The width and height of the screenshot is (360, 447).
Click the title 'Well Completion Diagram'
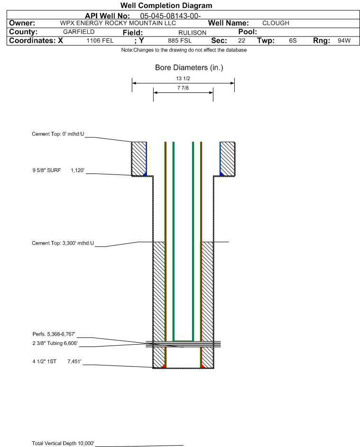(166, 5)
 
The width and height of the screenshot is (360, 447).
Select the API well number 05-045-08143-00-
(170, 16)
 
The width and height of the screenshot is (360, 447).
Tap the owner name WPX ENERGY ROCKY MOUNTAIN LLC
(118, 23)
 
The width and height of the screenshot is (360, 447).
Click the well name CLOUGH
(276, 23)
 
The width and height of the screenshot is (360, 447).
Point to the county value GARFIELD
(79, 32)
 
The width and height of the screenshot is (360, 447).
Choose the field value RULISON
(192, 33)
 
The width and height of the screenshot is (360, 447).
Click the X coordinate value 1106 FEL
(100, 40)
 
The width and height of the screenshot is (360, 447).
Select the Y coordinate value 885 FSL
(180, 40)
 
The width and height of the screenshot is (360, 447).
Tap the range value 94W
(344, 40)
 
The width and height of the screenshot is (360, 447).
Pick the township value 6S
(293, 40)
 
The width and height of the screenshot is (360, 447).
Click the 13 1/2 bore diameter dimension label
(183, 78)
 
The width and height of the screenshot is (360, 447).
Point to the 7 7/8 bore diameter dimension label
(183, 88)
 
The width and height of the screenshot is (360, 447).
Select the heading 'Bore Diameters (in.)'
(189, 68)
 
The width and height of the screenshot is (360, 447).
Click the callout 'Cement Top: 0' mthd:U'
(58, 134)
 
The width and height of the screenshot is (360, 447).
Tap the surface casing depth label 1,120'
(78, 171)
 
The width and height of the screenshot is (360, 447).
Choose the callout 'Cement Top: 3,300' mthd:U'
(63, 243)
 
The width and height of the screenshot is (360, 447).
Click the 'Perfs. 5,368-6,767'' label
(54, 334)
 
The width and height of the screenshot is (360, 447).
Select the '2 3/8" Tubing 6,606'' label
(55, 343)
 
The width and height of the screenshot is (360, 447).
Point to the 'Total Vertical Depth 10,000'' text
(63, 443)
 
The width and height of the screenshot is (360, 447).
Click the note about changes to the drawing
(184, 50)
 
